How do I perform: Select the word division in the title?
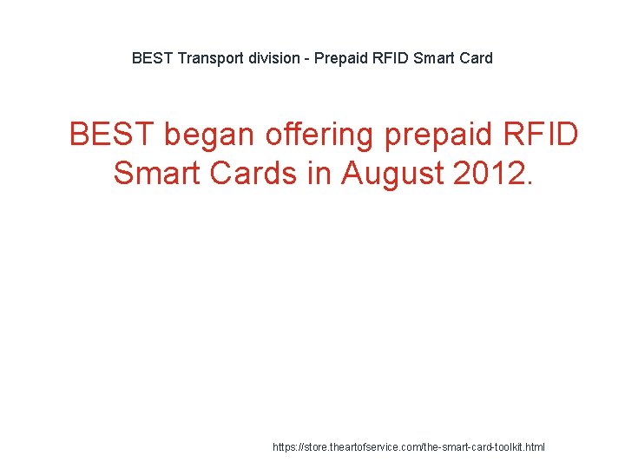272,59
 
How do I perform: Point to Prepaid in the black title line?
341,59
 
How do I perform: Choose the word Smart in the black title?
434,59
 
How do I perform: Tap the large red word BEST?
111,135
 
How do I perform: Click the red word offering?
319,135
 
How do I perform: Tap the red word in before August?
319,173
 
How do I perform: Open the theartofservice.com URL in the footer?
409,447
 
